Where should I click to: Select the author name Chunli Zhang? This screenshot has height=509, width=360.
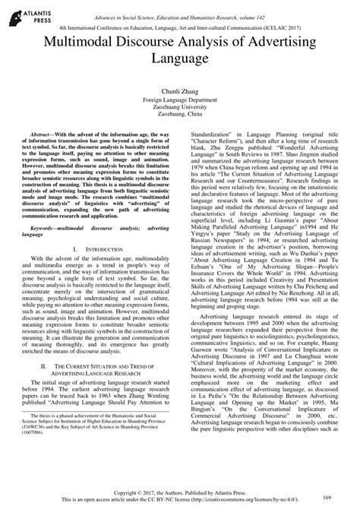[x=180, y=90]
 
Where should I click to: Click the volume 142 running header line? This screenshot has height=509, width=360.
[x=180, y=6]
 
